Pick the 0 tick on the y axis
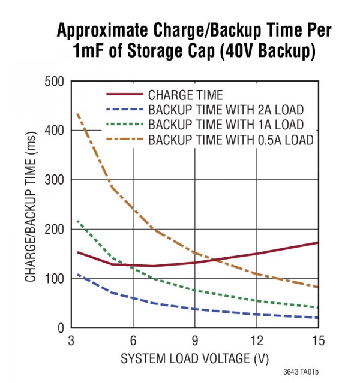point(59,328)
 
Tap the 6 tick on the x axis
point(133,340)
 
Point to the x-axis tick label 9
point(194,340)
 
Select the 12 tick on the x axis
point(256,340)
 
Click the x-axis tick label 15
point(317,340)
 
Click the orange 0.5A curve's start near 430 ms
point(78,114)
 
